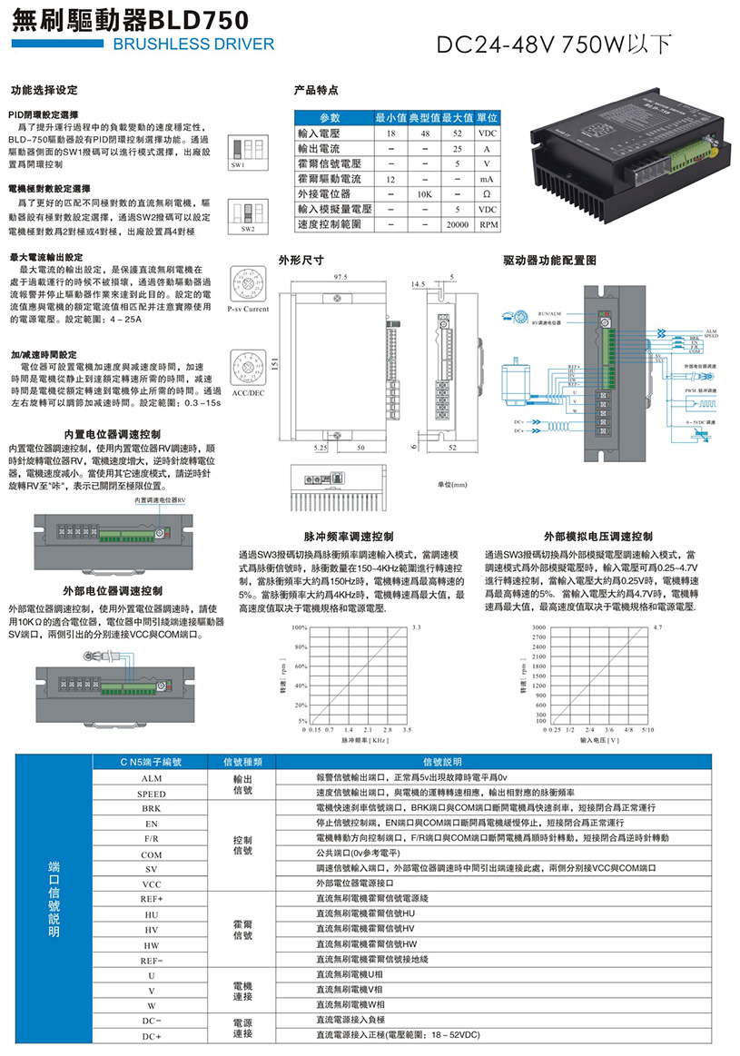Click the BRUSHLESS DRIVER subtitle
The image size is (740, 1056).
194,44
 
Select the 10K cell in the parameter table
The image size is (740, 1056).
423,193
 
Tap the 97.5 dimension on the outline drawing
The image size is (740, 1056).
342,276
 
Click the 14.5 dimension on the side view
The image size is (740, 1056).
419,284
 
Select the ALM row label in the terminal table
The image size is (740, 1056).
152,778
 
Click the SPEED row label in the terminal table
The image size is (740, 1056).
152,794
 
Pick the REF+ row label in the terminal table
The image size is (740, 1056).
152,898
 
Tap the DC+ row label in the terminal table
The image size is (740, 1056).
152,1036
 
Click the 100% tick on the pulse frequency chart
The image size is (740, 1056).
300,627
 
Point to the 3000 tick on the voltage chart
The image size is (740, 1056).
539,627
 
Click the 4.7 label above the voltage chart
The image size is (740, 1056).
658,627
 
